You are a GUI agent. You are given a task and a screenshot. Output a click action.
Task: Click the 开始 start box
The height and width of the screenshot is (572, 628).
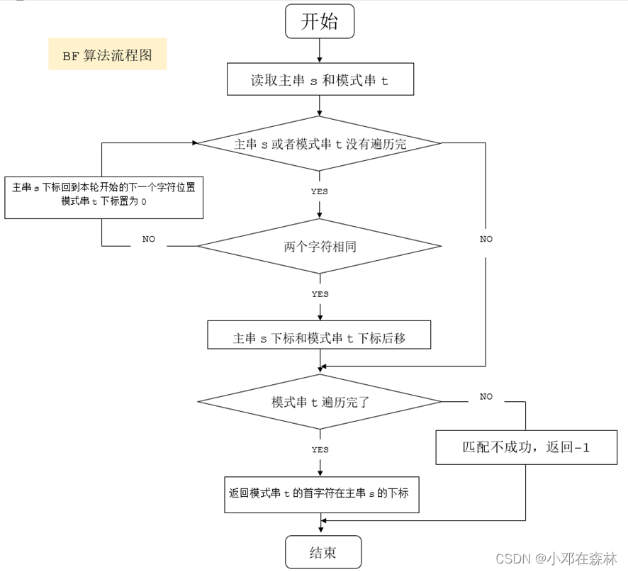click(320, 21)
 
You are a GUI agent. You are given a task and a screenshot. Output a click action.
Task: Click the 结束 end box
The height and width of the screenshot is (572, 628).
click(323, 552)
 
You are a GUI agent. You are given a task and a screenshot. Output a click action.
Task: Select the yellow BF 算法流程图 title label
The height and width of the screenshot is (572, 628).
click(107, 54)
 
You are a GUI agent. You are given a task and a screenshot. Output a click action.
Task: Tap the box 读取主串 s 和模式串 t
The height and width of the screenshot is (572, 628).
click(320, 80)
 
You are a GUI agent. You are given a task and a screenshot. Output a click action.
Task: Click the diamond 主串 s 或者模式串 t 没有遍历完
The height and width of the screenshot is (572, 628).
click(320, 143)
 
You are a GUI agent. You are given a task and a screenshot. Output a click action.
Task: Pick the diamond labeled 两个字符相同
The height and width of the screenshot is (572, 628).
click(320, 247)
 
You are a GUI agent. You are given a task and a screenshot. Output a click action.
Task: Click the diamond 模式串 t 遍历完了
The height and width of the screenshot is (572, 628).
click(320, 401)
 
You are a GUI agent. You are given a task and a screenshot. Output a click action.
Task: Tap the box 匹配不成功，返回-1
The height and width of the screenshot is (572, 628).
click(526, 448)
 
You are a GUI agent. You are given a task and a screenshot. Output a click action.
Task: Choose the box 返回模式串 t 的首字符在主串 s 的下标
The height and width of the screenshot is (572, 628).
click(319, 493)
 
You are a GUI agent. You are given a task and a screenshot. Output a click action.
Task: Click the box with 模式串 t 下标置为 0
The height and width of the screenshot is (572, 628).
click(104, 196)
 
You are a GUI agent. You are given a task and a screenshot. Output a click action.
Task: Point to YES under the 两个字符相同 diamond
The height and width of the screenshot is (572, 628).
click(320, 293)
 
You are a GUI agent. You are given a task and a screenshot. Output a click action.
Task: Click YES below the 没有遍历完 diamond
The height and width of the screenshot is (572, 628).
click(320, 191)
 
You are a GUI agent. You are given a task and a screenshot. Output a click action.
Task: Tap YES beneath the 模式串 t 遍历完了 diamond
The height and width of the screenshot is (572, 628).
click(320, 449)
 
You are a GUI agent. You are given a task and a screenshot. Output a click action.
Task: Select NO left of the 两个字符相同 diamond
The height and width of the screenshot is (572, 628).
click(148, 240)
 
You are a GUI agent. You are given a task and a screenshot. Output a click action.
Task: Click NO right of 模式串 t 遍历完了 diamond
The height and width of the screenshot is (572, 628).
click(486, 396)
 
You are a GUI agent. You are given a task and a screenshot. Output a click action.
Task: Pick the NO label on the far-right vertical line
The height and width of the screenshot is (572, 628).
click(486, 239)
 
